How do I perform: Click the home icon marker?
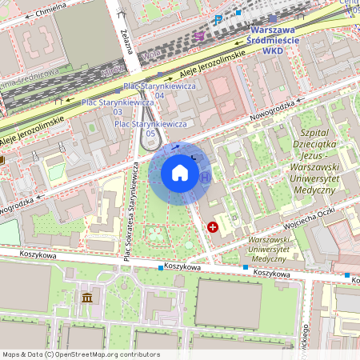tap(180, 172)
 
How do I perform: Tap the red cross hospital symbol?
tap(213, 227)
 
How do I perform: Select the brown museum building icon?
tap(86, 298)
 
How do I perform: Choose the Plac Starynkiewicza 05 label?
tap(150, 129)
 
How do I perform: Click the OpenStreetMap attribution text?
tap(80, 354)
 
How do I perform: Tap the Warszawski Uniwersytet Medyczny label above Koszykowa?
tap(268, 250)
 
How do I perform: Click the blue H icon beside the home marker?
tap(206, 177)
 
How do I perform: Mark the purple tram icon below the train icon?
tap(198, 35)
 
